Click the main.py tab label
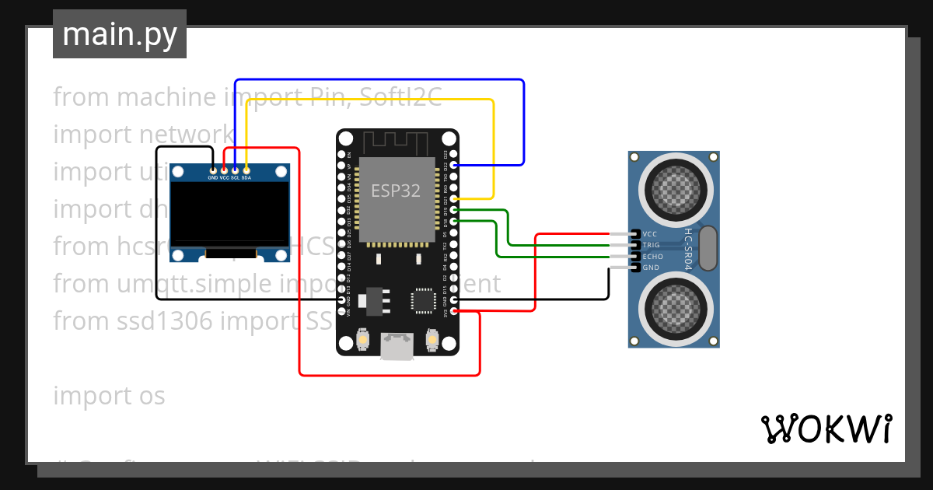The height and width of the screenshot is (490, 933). pos(119,34)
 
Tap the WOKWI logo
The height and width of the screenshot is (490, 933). pos(826,429)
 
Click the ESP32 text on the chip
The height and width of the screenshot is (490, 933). pos(396,191)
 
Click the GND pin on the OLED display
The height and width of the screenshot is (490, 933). pos(213,170)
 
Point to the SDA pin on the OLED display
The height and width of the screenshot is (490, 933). pos(246,170)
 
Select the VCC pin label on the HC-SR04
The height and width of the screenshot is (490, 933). pos(651,233)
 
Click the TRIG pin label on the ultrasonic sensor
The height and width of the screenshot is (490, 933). pos(652,245)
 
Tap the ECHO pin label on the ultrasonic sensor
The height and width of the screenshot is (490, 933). pos(653,256)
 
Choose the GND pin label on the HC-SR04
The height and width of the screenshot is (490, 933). pos(651,268)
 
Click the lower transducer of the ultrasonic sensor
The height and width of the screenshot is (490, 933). pos(673,306)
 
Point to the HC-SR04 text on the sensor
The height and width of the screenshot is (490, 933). pos(687,249)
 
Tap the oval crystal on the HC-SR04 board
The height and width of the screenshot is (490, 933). pos(708,247)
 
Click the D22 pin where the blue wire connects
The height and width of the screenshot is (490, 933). pos(454,166)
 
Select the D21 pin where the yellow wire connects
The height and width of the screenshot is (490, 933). pos(454,199)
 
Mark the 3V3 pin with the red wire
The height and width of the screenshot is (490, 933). pos(454,311)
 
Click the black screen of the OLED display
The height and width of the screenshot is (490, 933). pos(230,212)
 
